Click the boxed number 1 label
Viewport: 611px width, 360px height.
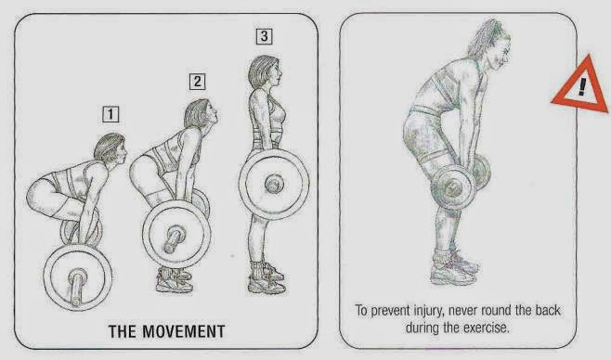tap(110, 114)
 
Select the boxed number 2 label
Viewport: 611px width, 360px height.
tap(198, 82)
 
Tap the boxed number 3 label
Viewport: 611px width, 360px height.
tap(265, 36)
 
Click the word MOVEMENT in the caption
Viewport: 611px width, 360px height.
tap(183, 331)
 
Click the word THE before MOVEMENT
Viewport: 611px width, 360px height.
tap(123, 331)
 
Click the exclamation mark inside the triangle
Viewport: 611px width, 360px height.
tap(582, 86)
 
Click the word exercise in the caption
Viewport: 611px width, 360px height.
tap(486, 328)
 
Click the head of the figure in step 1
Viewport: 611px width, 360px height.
tap(110, 148)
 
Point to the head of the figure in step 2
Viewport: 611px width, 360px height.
tap(201, 114)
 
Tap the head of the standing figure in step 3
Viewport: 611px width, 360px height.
tap(265, 72)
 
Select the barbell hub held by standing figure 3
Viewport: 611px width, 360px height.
tap(274, 184)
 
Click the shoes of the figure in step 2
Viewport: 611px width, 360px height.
tap(175, 279)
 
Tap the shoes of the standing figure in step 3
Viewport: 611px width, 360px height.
tap(266, 278)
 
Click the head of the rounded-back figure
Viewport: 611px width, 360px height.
tap(490, 44)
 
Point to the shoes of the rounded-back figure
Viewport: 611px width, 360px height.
tap(454, 268)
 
